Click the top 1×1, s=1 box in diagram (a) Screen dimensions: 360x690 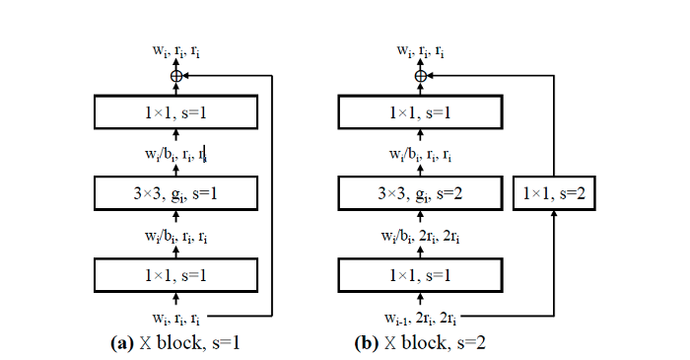coord(175,111)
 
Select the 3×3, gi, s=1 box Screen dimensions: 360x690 coord(175,192)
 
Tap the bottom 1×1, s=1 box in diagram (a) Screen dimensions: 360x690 coord(175,273)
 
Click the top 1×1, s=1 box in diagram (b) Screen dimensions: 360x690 coord(421,111)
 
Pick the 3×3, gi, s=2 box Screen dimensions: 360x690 coord(421,192)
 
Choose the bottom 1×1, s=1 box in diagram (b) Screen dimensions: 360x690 coord(421,273)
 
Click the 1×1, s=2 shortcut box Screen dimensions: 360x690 coord(553,192)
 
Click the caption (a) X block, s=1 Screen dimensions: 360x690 coord(175,343)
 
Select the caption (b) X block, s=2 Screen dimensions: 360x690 coord(421,343)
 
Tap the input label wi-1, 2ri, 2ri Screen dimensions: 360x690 coord(421,317)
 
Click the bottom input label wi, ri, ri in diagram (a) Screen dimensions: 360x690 coord(175,317)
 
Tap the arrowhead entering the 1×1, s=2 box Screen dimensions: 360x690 coord(553,216)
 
